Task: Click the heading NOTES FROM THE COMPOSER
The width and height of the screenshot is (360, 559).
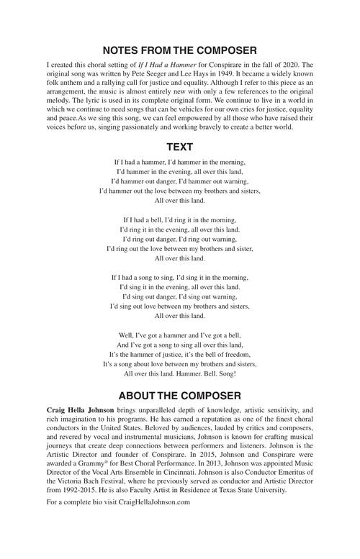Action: coord(179,50)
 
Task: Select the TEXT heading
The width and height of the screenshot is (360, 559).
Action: coord(179,147)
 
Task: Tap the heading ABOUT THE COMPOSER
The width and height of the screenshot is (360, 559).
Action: coord(179,396)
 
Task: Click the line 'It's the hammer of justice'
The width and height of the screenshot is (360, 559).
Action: coord(179,355)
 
